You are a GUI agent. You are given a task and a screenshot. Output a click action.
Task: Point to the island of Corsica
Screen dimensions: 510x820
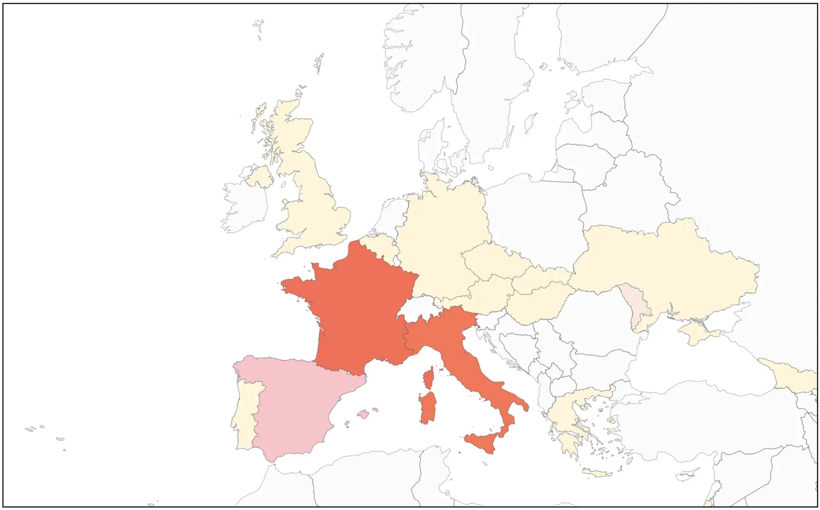coord(428,379)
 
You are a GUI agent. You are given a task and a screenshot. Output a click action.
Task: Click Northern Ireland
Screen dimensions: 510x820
coord(260,177)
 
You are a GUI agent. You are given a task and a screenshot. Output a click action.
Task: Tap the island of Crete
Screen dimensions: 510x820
coord(597,473)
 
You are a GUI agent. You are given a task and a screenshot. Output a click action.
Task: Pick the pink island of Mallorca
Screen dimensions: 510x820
coord(363,414)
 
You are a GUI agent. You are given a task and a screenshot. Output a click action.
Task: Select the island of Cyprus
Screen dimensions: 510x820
coord(687,477)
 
